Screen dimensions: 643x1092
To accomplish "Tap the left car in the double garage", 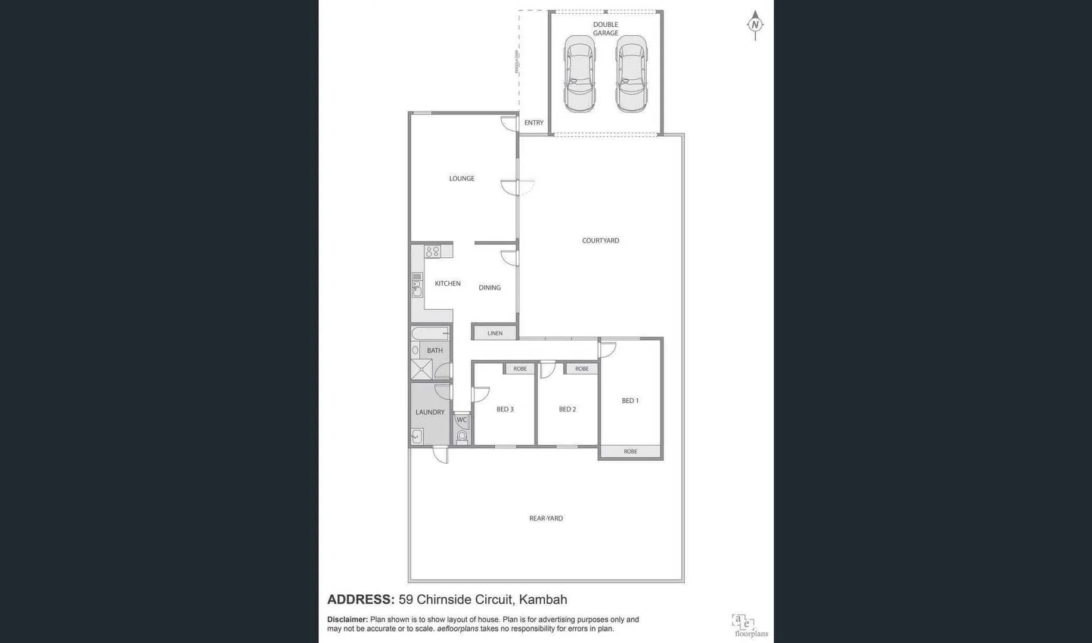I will [579, 74].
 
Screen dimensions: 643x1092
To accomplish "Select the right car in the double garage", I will [631, 74].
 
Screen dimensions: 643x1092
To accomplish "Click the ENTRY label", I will [533, 123].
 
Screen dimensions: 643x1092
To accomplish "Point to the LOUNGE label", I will [461, 179].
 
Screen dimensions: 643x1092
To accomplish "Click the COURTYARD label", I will [600, 241].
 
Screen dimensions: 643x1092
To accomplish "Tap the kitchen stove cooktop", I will [433, 251].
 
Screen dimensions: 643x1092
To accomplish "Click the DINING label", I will [489, 288].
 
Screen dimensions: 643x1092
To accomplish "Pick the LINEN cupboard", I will [495, 333].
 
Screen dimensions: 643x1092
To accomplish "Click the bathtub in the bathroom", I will [430, 333].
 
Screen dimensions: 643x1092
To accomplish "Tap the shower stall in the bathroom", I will [421, 369].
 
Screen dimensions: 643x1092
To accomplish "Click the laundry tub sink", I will [417, 436].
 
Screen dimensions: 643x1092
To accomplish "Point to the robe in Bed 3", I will [520, 369].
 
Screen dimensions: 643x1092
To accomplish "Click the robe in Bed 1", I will [630, 451].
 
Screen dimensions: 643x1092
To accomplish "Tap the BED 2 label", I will [567, 409].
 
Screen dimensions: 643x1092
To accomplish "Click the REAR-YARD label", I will [545, 519].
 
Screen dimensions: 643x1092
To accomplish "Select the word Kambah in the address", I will [542, 600].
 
